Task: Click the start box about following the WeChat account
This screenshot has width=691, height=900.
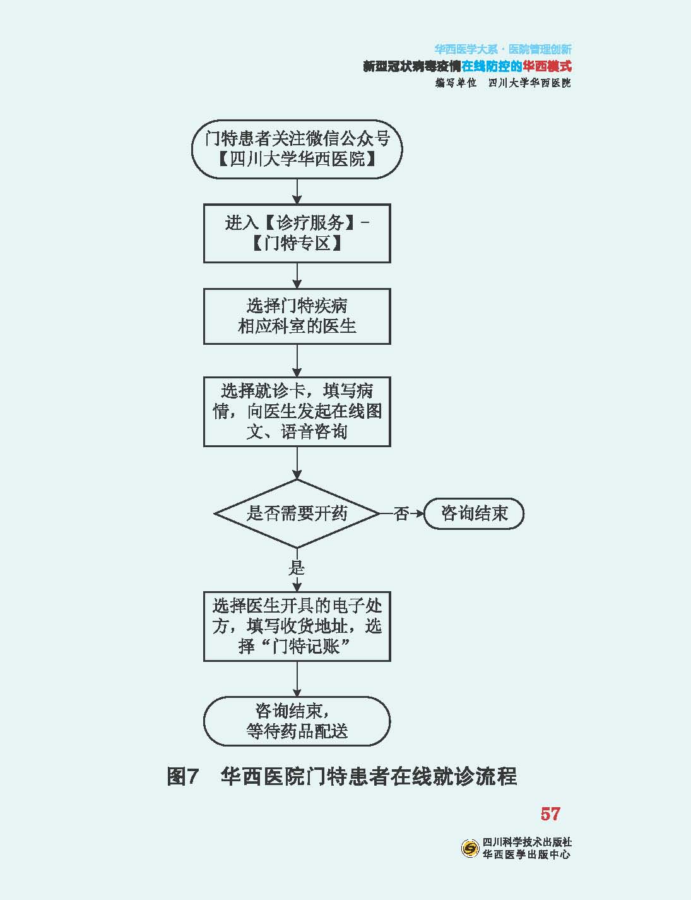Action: [297, 149]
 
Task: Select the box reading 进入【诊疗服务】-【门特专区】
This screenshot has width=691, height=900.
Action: [297, 233]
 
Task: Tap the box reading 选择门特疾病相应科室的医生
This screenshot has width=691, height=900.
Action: [297, 316]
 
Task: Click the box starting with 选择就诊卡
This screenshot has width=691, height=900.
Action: [297, 412]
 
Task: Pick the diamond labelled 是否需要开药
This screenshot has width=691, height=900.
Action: [297, 513]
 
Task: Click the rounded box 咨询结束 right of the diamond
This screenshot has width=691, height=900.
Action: [474, 513]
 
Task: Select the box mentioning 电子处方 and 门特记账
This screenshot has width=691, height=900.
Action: [297, 627]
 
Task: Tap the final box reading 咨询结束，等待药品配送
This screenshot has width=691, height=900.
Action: [297, 721]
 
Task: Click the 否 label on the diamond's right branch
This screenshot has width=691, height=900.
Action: [401, 514]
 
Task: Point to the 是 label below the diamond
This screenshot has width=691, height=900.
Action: [297, 568]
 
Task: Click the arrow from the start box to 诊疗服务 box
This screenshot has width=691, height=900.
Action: [297, 191]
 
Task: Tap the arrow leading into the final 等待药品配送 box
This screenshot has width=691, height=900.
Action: [297, 679]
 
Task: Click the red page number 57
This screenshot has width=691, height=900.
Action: [550, 813]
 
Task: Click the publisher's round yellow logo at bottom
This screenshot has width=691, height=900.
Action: [470, 848]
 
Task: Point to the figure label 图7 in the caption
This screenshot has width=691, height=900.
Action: [183, 776]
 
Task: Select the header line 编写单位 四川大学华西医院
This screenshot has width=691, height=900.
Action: [503, 83]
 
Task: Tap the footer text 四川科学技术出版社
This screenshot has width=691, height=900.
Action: [527, 843]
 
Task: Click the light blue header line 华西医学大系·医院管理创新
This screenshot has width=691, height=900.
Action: [503, 49]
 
